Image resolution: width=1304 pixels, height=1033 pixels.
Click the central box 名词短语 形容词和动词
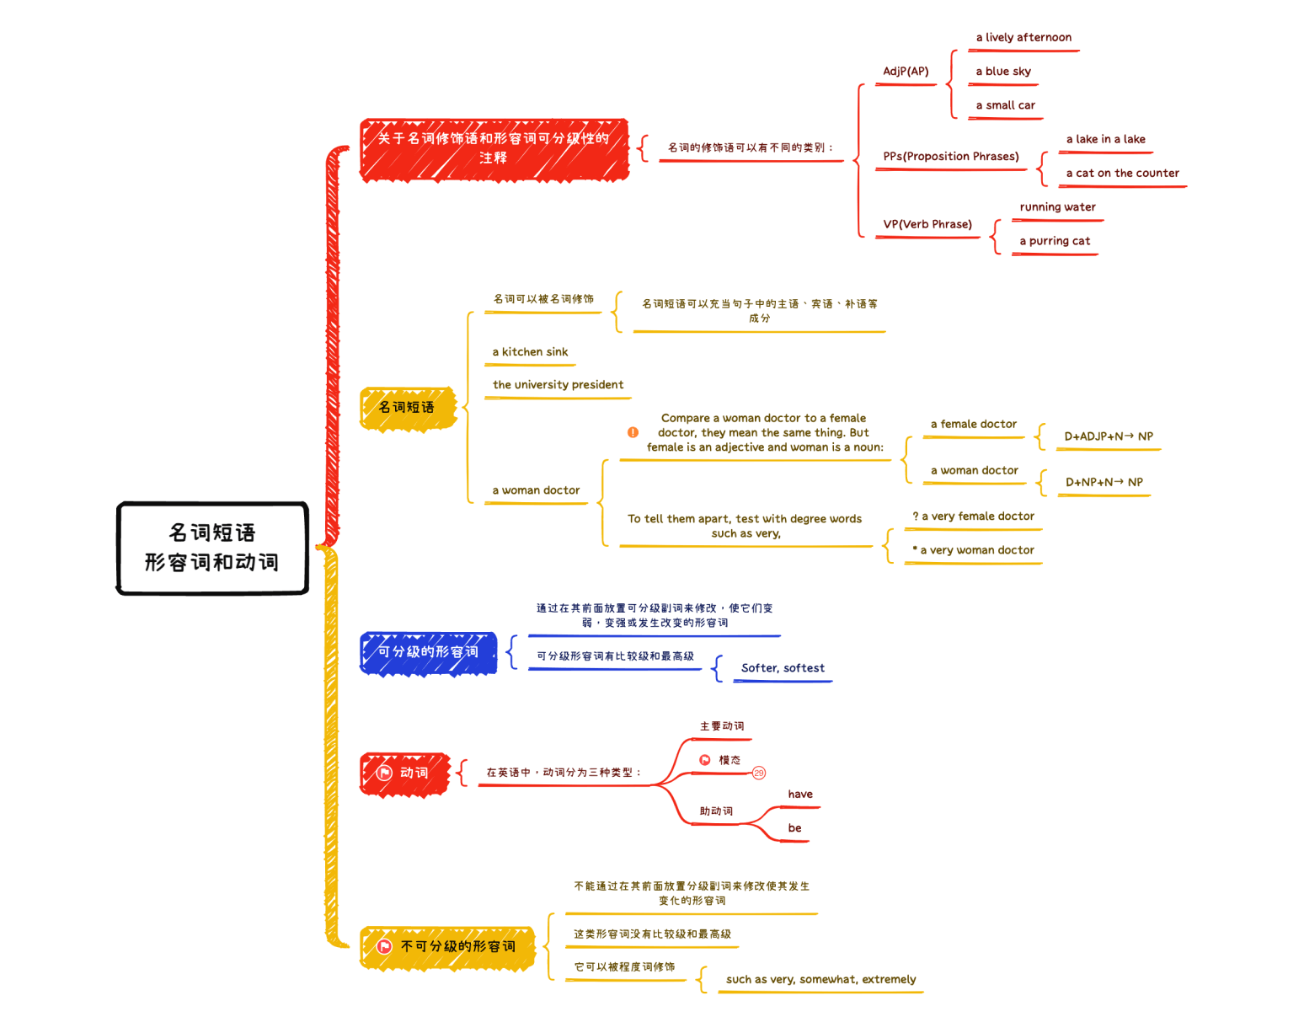click(212, 548)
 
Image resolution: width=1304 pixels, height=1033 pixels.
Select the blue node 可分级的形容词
click(429, 652)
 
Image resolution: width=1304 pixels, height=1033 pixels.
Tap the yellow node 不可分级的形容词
click(448, 947)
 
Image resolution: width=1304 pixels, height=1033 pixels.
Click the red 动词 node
click(405, 773)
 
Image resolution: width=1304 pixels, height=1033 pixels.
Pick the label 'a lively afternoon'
click(1023, 38)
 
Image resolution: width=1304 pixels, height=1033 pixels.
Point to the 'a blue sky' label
click(1002, 72)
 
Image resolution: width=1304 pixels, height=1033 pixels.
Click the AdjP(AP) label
click(906, 72)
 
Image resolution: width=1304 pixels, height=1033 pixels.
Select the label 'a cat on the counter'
click(1122, 174)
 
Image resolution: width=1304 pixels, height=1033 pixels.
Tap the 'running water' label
click(1057, 207)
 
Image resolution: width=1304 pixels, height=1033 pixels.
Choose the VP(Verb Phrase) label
click(927, 224)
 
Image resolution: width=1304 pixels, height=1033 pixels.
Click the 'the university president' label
click(558, 385)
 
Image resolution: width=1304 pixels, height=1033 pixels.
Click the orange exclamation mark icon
click(633, 432)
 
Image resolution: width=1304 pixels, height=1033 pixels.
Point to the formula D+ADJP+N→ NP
click(1109, 436)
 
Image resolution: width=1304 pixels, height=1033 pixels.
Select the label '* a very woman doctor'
click(973, 550)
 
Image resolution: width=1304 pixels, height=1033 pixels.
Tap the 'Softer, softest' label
click(783, 668)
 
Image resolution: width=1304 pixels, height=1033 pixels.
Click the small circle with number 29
click(759, 773)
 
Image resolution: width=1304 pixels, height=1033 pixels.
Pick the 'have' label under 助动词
click(800, 795)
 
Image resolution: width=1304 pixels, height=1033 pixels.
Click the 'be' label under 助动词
click(794, 828)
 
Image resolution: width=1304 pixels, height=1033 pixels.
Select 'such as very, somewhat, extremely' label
click(820, 980)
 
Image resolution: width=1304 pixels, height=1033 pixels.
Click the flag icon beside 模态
click(705, 760)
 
